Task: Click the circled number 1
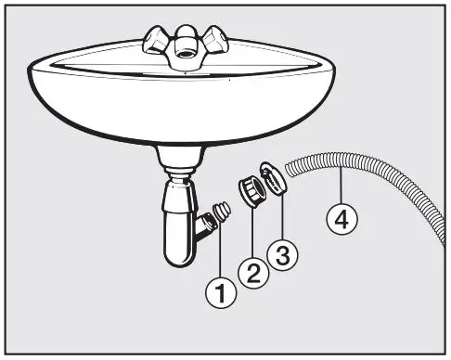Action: pos(221,296)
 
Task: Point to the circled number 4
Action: pos(341,221)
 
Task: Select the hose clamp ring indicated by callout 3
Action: pos(274,179)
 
